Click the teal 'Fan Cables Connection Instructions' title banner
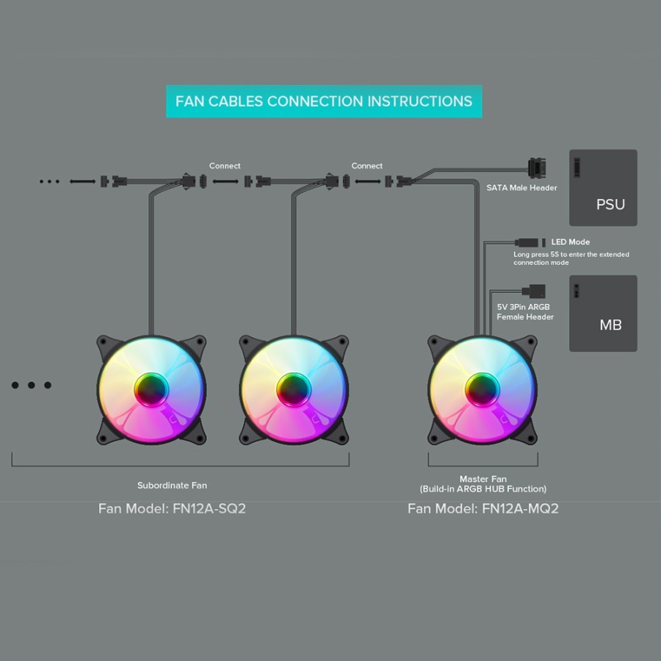324,101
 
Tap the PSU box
603,187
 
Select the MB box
603,313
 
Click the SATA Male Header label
521,187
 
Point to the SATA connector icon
537,168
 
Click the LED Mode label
571,242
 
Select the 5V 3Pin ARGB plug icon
534,291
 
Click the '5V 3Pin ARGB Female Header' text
525,312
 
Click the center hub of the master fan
483,390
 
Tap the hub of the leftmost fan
151,390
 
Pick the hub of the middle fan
294,390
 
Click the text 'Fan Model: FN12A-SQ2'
172,508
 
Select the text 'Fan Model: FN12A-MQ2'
483,508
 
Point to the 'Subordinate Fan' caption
172,485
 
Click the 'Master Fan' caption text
483,479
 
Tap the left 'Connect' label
225,166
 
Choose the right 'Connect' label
366,166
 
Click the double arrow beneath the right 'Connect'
368,181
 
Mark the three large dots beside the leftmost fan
31,385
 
